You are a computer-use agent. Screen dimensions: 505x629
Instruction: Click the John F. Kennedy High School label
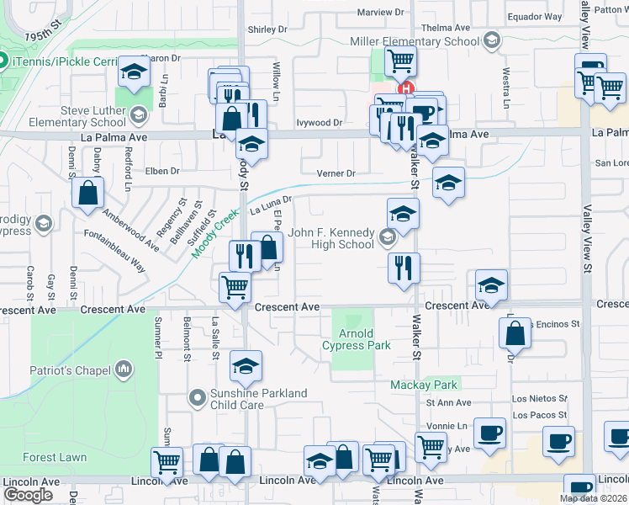click(331, 238)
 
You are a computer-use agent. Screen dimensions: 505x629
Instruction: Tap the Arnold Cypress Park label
click(356, 338)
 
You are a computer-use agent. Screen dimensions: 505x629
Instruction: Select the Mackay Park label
click(424, 385)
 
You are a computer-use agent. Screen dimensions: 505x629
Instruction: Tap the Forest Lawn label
click(49, 458)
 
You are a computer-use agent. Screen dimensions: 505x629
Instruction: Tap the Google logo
click(28, 495)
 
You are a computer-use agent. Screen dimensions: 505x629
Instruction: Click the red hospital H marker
click(407, 88)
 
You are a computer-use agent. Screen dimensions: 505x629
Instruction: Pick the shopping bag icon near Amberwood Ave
click(87, 193)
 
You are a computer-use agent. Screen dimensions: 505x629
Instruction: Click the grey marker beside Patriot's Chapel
click(124, 369)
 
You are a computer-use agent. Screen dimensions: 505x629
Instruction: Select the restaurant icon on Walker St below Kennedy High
click(404, 268)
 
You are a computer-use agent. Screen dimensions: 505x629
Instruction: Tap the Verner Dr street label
click(336, 174)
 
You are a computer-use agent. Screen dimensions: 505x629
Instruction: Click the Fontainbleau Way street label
click(115, 252)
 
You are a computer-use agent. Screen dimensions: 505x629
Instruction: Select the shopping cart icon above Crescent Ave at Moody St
click(235, 286)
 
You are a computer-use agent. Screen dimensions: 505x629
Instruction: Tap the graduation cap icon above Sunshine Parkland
click(246, 366)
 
